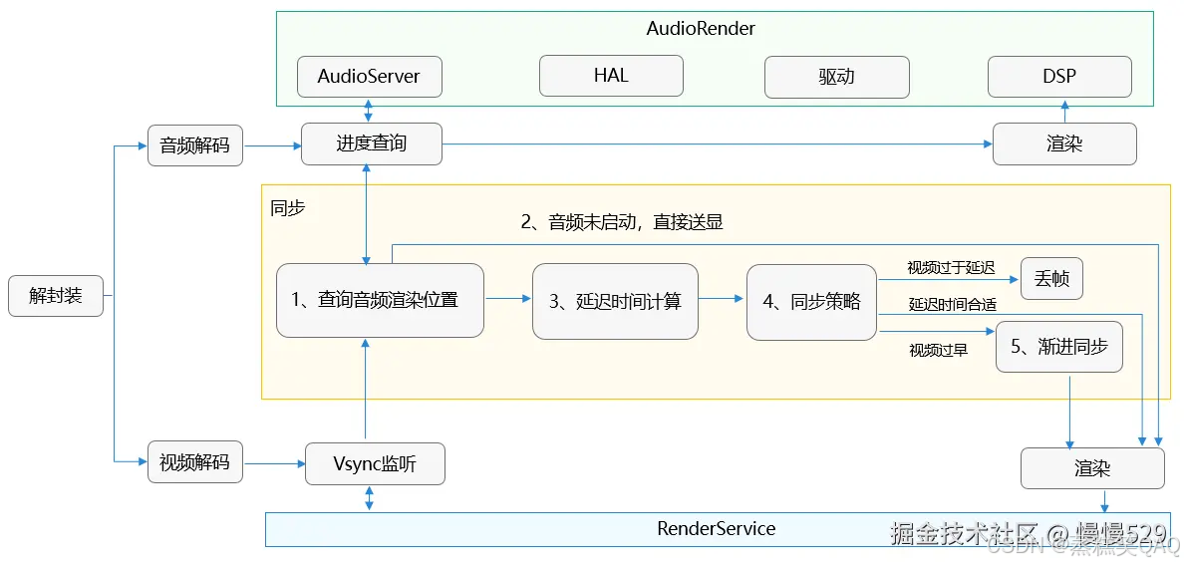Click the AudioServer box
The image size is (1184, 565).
click(x=369, y=77)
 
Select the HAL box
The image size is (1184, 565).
click(x=611, y=76)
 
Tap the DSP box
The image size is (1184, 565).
click(x=1059, y=77)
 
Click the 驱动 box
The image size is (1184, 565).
click(x=836, y=77)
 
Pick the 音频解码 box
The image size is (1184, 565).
click(x=194, y=145)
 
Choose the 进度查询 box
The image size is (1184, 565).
click(x=371, y=144)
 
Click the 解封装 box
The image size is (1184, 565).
click(x=56, y=296)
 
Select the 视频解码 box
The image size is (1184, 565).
click(x=194, y=463)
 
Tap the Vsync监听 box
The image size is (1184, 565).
click(x=374, y=464)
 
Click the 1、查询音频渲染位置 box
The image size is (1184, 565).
click(x=380, y=300)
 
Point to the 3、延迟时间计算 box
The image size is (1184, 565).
click(x=615, y=301)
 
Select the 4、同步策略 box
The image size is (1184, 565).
click(x=811, y=301)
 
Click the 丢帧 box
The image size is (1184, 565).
click(x=1051, y=279)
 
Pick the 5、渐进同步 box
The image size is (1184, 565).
click(x=1058, y=348)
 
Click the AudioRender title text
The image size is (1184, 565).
click(x=701, y=28)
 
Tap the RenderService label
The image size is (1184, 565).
click(x=716, y=529)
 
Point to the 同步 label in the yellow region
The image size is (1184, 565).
click(x=288, y=208)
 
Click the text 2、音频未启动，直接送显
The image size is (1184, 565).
click(x=622, y=222)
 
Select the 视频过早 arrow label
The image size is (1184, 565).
click(x=938, y=350)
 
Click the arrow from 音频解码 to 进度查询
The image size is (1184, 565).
click(x=272, y=146)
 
